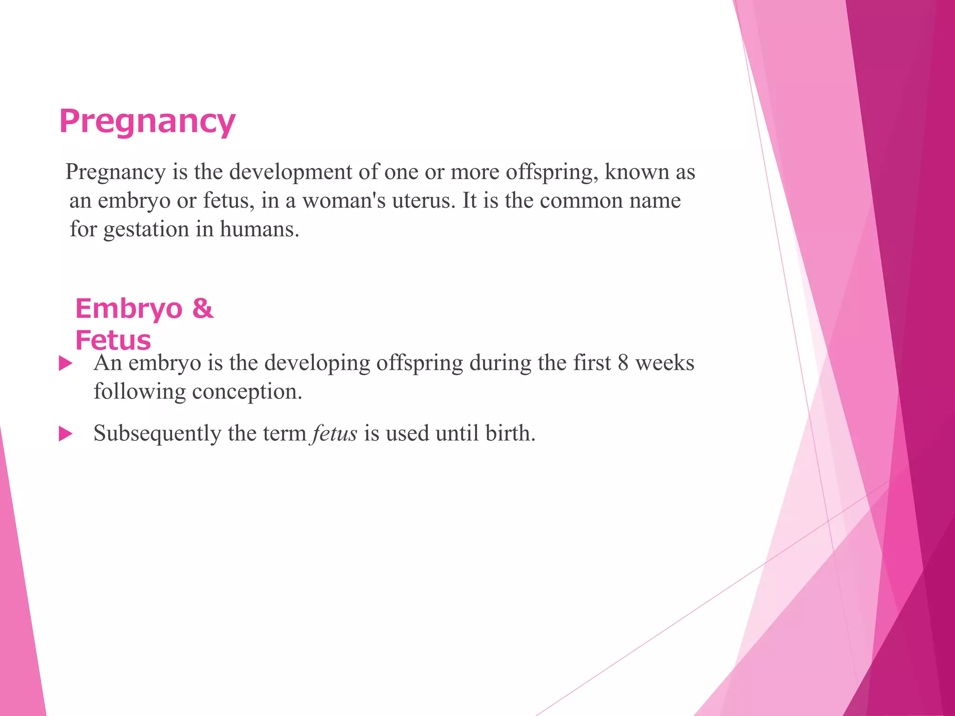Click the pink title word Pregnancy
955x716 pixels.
click(x=147, y=121)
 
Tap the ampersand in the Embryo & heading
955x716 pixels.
click(x=202, y=308)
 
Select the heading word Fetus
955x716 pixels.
click(x=113, y=340)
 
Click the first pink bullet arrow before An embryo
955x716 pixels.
click(x=66, y=364)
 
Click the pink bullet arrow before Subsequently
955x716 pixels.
click(x=66, y=434)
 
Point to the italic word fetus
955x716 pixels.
click(x=335, y=434)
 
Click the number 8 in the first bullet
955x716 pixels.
click(x=623, y=363)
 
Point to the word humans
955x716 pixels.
click(x=259, y=230)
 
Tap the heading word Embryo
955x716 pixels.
click(x=129, y=308)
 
